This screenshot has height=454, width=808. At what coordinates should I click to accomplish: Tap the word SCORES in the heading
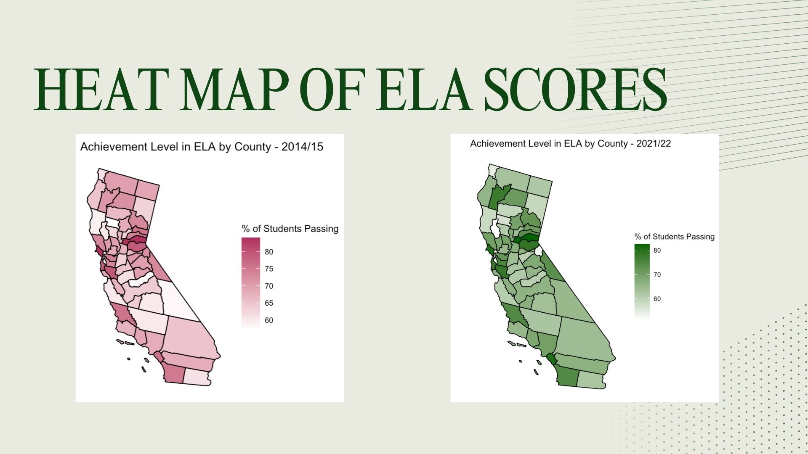[575, 90]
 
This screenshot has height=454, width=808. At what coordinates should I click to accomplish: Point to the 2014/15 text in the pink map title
[302, 147]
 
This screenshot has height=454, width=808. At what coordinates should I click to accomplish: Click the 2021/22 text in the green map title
[654, 144]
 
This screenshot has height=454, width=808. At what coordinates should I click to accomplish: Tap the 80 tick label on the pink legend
[269, 252]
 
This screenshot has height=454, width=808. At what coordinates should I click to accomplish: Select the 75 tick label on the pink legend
[269, 269]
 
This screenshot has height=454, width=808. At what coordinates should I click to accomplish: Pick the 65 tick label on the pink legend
[269, 303]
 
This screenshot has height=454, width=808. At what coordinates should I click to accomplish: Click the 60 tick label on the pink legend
[269, 320]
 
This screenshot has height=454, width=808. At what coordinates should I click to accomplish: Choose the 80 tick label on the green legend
[657, 250]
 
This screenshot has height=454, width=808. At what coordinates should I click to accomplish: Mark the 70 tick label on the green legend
[657, 275]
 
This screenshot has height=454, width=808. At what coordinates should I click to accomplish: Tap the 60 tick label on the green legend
[657, 299]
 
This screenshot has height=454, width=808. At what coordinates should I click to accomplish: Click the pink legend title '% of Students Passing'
[290, 229]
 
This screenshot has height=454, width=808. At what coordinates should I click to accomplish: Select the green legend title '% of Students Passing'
[675, 237]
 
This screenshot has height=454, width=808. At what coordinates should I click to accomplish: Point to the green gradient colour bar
[642, 281]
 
